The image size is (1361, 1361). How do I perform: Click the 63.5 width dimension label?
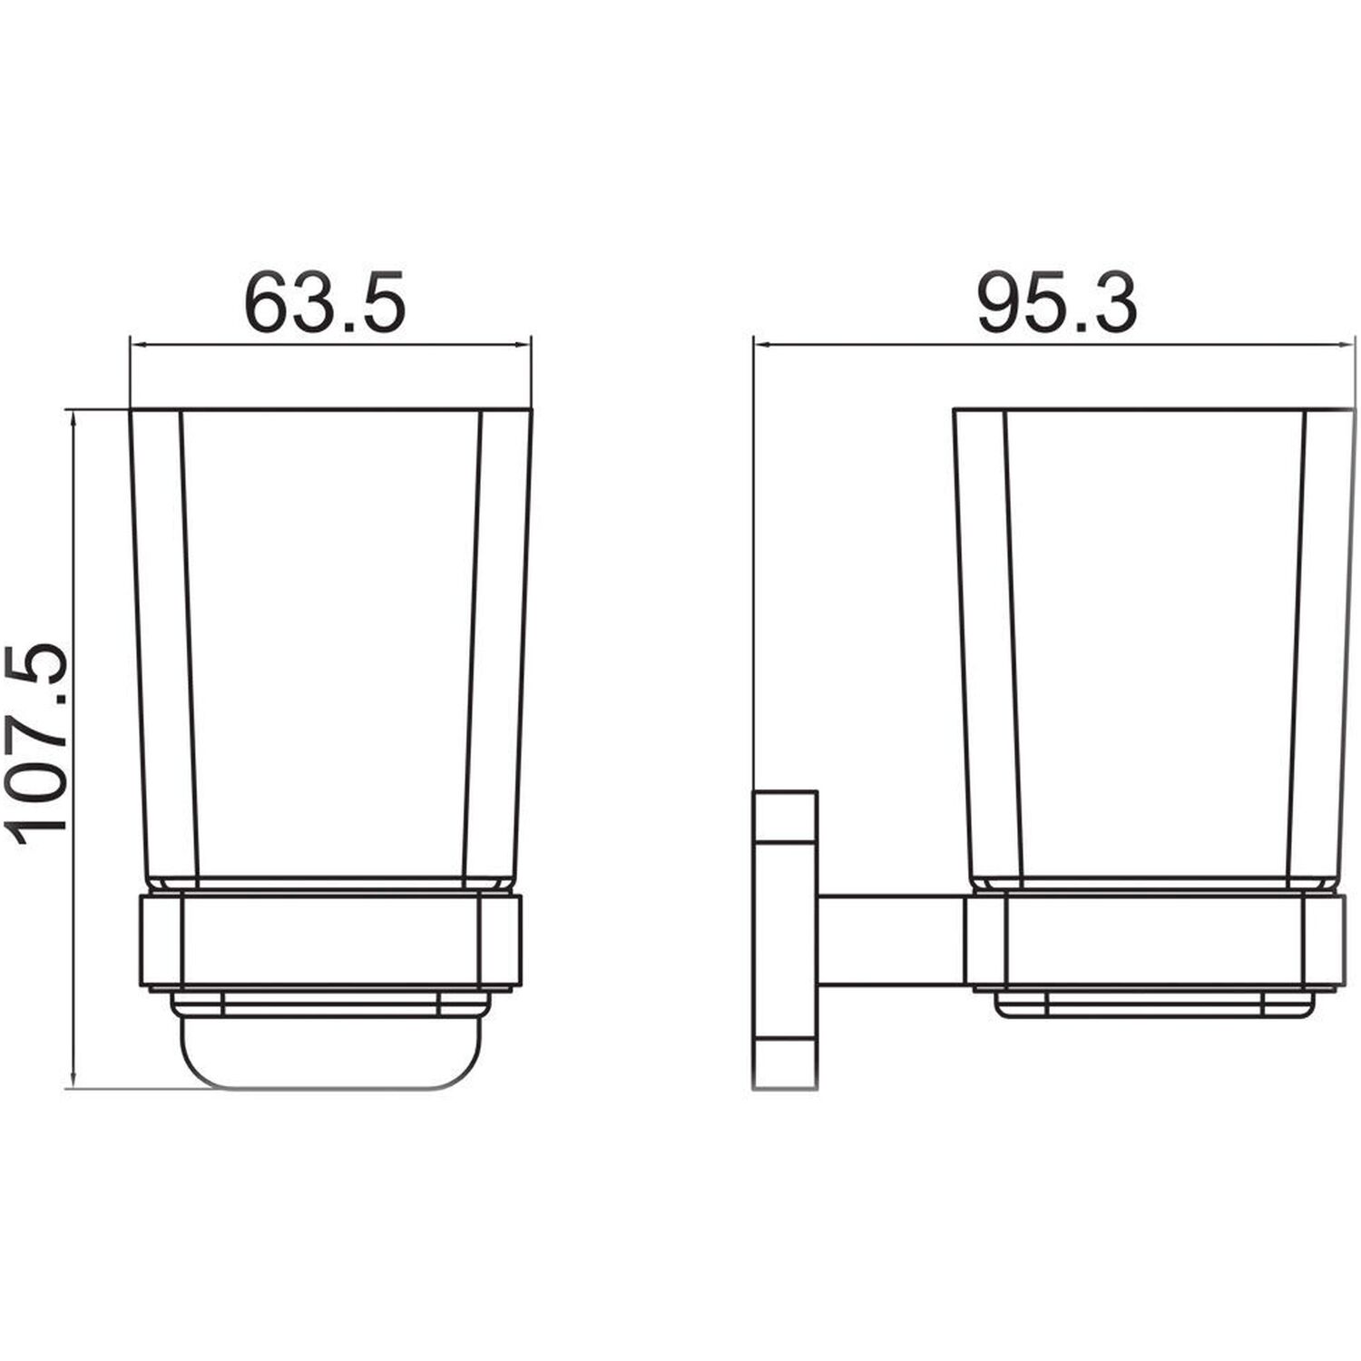[324, 302]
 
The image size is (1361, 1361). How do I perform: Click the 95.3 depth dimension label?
[1056, 302]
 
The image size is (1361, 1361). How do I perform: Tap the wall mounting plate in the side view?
[785, 940]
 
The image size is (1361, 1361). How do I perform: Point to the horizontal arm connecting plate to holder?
[892, 941]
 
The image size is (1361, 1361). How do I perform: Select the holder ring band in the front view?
[331, 941]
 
